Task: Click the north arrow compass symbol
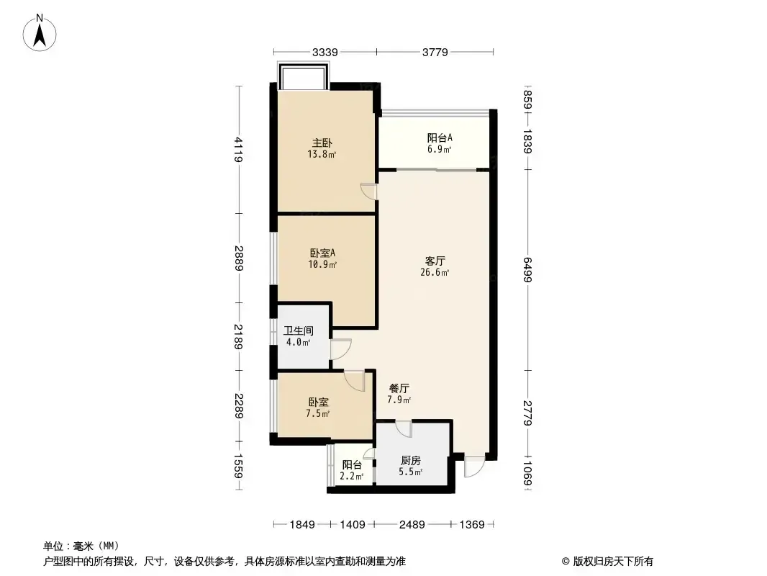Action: click(x=40, y=32)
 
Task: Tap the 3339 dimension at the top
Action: click(x=324, y=52)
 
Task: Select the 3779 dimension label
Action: click(x=435, y=52)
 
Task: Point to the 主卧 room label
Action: click(x=322, y=143)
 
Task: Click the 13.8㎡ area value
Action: click(x=322, y=154)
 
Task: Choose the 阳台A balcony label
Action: click(x=440, y=138)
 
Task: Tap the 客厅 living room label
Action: click(x=435, y=261)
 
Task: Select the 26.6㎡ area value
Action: click(x=435, y=272)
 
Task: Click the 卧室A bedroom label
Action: click(x=322, y=253)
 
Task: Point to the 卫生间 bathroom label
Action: click(x=299, y=330)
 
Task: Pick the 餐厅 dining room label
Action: click(x=399, y=388)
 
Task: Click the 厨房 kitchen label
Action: click(x=410, y=461)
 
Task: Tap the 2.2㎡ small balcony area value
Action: click(x=352, y=476)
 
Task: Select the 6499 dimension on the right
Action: click(x=527, y=270)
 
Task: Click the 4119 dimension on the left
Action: click(x=238, y=149)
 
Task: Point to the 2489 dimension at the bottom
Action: click(x=412, y=525)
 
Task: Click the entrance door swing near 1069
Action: click(x=473, y=467)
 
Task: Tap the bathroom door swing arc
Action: click(x=341, y=349)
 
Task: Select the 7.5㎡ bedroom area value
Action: click(x=318, y=413)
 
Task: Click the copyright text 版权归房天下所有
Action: click(x=613, y=562)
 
